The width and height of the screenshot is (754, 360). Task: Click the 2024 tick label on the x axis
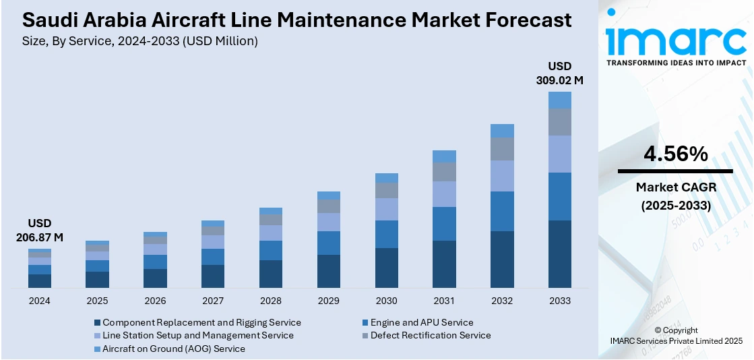40,301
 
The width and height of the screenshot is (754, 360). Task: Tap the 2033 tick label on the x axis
559,301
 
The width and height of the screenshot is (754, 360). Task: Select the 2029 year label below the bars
329,301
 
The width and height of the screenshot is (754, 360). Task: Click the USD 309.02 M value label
559,73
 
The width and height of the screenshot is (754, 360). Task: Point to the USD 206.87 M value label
40,230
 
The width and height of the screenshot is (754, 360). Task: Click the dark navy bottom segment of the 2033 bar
559,254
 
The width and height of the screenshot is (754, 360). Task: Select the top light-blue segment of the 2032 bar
502,131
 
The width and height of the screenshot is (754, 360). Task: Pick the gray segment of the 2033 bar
559,122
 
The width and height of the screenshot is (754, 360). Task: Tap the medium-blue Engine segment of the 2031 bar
444,224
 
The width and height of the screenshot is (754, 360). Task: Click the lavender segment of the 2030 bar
386,209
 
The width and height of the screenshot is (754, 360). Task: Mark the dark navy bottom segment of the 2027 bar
213,276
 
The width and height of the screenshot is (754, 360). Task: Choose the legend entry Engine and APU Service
421,323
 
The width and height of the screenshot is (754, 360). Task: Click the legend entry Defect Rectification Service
430,335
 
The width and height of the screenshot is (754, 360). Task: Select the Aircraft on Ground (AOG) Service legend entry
173,349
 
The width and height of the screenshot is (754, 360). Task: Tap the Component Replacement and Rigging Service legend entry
201,323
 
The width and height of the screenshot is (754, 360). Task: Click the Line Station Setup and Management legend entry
197,335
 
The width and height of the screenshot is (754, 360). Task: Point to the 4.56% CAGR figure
675,154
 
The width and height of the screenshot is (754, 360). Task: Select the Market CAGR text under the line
675,187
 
